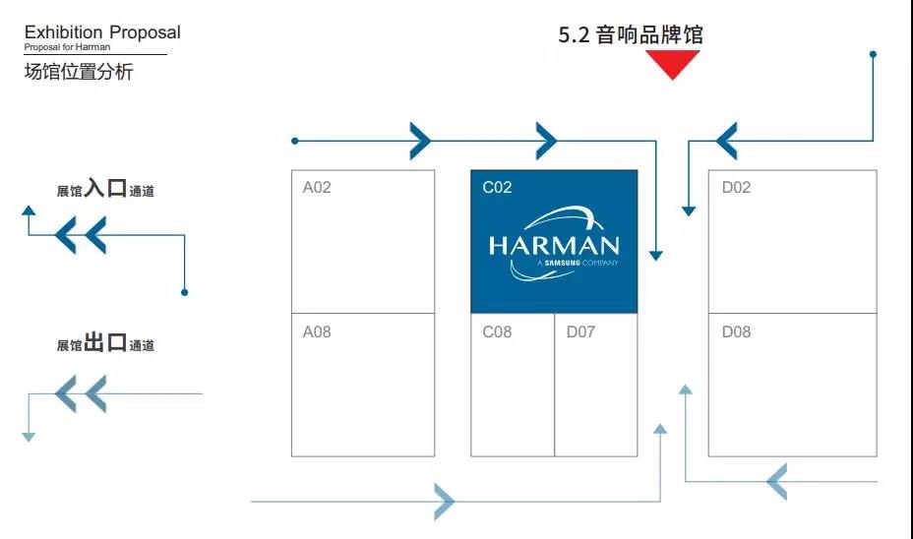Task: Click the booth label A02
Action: pos(317,188)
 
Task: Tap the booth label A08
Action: pos(317,331)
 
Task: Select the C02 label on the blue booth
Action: pos(497,188)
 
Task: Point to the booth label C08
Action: pos(497,331)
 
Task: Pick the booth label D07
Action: pos(581,331)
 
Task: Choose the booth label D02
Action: pos(737,188)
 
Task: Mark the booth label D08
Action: pos(737,331)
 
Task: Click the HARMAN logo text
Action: pos(554,246)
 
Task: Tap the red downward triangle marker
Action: pos(673,64)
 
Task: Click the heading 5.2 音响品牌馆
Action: pos(631,35)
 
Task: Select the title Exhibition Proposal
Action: pos(102,32)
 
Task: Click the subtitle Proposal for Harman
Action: pos(67,47)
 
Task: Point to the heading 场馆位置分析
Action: pos(79,72)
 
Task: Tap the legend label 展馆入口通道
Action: pos(105,189)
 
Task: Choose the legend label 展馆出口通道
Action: pos(105,343)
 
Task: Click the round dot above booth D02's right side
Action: pos(873,54)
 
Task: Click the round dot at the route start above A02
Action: pos(295,141)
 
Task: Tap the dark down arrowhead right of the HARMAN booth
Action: pos(656,256)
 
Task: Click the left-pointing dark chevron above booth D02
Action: pos(727,141)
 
